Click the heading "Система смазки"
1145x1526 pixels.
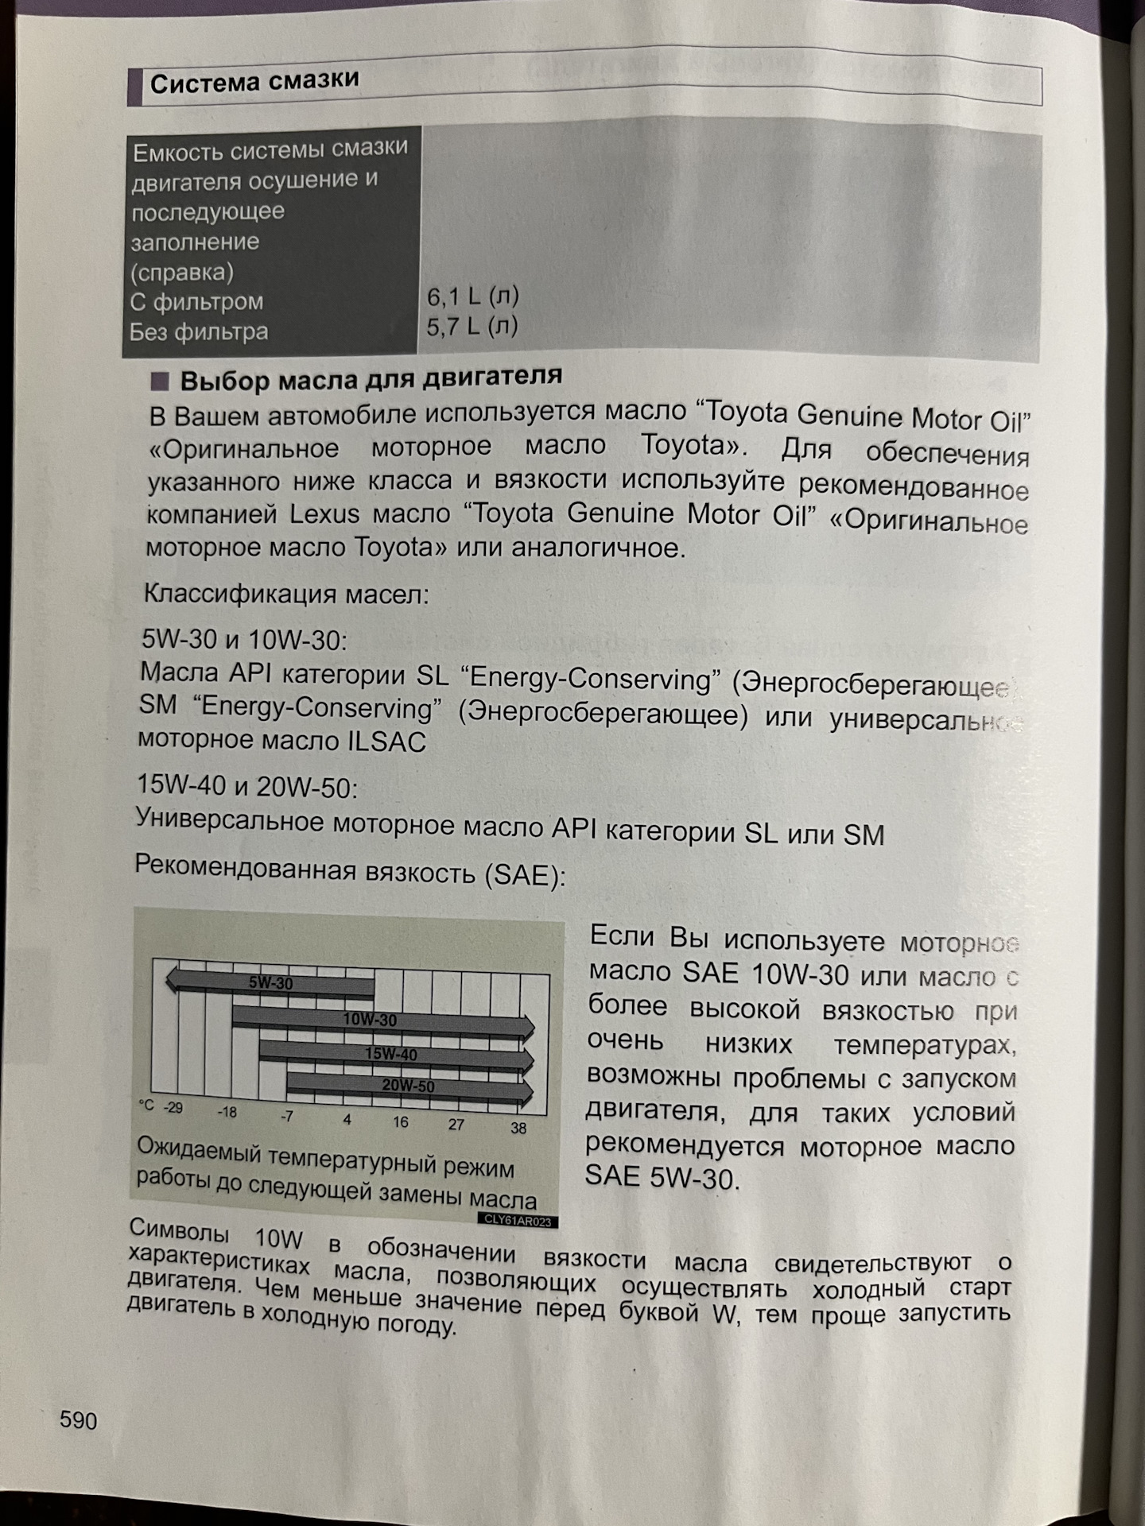tap(254, 81)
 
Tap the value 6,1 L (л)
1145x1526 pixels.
tap(472, 297)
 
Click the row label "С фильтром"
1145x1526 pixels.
tap(196, 301)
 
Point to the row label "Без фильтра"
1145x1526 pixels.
tap(199, 331)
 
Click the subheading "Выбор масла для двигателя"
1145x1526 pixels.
tap(371, 378)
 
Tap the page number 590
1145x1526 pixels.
tap(78, 1419)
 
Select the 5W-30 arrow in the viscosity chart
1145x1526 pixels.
tap(270, 984)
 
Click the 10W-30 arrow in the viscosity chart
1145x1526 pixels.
tap(382, 1022)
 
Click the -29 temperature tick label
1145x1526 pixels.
tap(172, 1108)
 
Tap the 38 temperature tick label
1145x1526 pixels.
tap(518, 1128)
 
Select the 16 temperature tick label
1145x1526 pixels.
tap(400, 1121)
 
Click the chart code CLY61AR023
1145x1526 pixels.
tap(518, 1221)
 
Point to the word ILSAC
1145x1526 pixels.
tap(387, 742)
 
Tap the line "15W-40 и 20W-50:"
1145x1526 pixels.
tap(247, 787)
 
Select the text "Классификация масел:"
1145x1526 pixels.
tap(286, 593)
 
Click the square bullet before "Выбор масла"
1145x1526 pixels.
tap(160, 381)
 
